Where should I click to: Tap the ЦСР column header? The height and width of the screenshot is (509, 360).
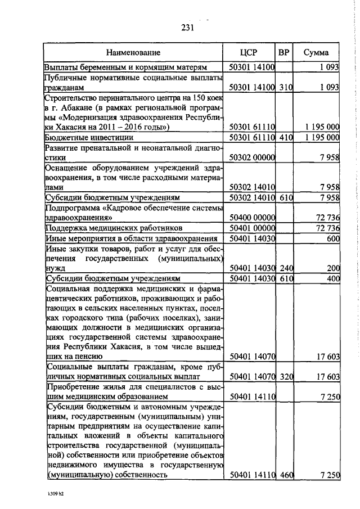tap(249, 52)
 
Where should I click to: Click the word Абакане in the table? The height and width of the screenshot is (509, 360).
tap(74, 108)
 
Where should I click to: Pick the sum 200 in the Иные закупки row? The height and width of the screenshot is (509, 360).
tap(332, 268)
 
